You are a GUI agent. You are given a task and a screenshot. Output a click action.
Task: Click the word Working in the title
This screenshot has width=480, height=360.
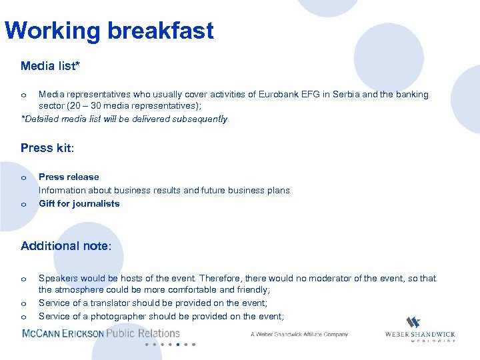[49, 31]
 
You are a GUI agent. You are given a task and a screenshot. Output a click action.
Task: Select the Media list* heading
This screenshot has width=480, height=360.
[51, 65]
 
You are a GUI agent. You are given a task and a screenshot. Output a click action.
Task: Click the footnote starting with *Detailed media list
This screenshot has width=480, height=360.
[125, 119]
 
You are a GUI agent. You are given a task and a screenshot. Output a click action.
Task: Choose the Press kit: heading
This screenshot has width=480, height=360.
[47, 148]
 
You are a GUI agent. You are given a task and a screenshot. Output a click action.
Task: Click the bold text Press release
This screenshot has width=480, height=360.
[69, 177]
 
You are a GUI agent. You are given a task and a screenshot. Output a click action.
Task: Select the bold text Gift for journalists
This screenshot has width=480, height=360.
[79, 203]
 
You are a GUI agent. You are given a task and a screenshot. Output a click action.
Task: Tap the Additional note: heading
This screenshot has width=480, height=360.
[66, 246]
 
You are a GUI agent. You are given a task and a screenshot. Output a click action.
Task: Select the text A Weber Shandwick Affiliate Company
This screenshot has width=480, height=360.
[299, 334]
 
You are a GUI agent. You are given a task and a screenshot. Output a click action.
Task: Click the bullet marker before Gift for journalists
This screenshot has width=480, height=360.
[23, 205]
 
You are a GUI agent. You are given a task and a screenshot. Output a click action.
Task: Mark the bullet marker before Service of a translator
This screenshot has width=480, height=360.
[23, 304]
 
